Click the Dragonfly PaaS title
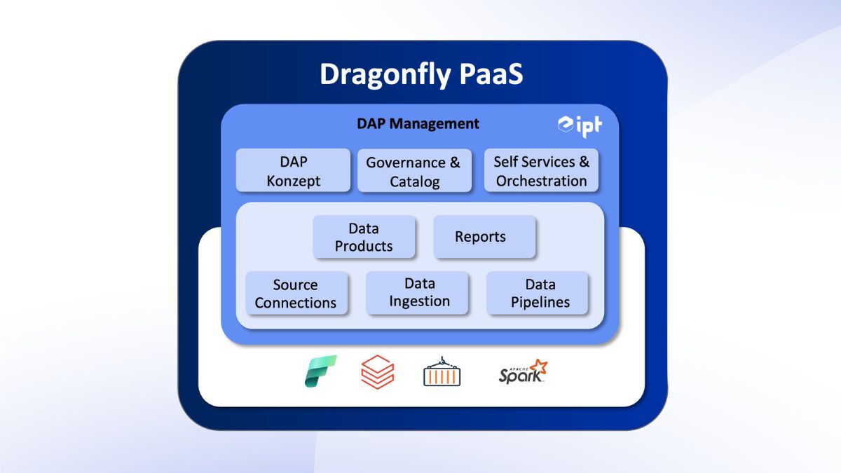[x=421, y=74]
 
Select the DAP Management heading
[x=418, y=124]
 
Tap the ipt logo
[x=579, y=125]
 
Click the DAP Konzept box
[x=293, y=171]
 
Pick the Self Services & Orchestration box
[x=541, y=171]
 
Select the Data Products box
[x=364, y=238]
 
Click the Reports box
[x=484, y=237]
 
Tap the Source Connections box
[x=296, y=294]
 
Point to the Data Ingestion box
[x=419, y=293]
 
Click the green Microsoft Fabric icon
[x=320, y=371]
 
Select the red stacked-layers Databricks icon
[x=378, y=371]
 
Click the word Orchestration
[x=541, y=181]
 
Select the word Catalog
[x=414, y=181]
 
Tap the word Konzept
[x=293, y=181]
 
